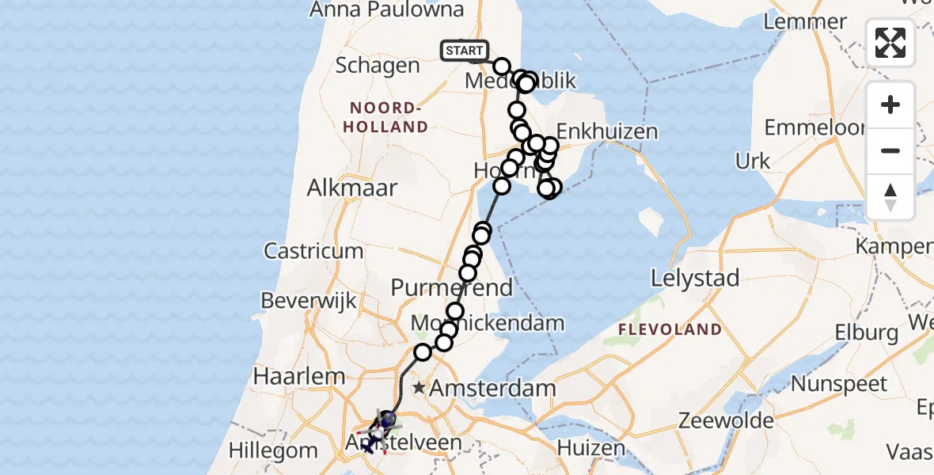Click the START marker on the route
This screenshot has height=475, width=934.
(465, 51)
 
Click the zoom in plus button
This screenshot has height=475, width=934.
(890, 104)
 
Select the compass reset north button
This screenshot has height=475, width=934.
(890, 196)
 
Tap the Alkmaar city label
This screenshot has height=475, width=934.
(343, 189)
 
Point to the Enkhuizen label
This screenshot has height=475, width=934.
(607, 131)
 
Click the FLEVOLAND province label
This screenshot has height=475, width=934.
(670, 329)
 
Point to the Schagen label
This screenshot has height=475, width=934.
(378, 65)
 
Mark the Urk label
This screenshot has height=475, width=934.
(753, 161)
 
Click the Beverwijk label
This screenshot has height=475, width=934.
(309, 302)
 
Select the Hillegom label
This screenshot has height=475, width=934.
(273, 451)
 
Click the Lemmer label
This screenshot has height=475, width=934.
(806, 21)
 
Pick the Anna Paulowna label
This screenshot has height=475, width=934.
(387, 9)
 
